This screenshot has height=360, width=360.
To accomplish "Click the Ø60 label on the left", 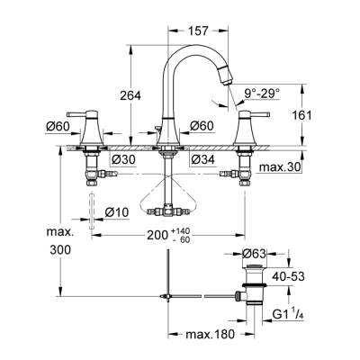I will [58, 126].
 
